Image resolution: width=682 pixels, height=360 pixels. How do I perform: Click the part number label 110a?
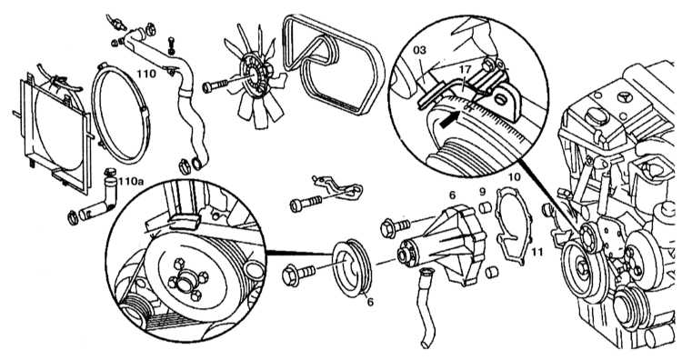click(x=130, y=181)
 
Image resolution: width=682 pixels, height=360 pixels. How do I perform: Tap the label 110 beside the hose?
click(x=146, y=74)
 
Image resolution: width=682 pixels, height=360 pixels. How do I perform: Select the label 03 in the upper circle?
click(x=419, y=50)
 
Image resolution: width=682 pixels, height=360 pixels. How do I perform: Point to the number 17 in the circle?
click(x=465, y=69)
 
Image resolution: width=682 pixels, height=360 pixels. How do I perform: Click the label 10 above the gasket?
click(x=514, y=177)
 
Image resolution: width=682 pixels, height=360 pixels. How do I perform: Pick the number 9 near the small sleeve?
click(x=482, y=191)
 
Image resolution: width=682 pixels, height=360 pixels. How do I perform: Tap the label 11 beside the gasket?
click(x=537, y=251)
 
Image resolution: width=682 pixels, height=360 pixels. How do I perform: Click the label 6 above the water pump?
click(x=452, y=195)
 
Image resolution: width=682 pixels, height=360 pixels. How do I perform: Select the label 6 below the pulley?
click(x=370, y=301)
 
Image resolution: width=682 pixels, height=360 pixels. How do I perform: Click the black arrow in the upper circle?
click(x=450, y=120)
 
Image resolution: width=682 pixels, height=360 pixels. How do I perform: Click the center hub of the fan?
click(x=254, y=75)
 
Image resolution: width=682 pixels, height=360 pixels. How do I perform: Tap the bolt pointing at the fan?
click(x=215, y=86)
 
